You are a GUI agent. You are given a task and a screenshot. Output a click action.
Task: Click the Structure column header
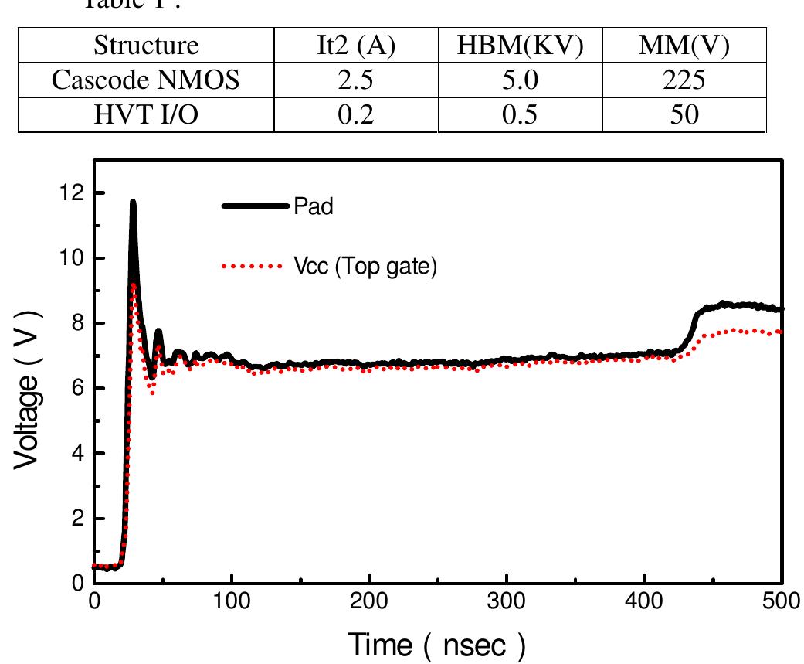click(146, 46)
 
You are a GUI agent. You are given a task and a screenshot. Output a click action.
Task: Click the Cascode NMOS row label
click(146, 81)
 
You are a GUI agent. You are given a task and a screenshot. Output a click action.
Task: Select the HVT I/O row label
click(146, 115)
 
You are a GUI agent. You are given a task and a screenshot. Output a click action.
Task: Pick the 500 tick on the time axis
click(782, 604)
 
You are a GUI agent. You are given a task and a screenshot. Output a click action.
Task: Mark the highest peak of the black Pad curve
click(133, 202)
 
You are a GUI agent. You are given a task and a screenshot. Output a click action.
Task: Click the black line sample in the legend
click(256, 206)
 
